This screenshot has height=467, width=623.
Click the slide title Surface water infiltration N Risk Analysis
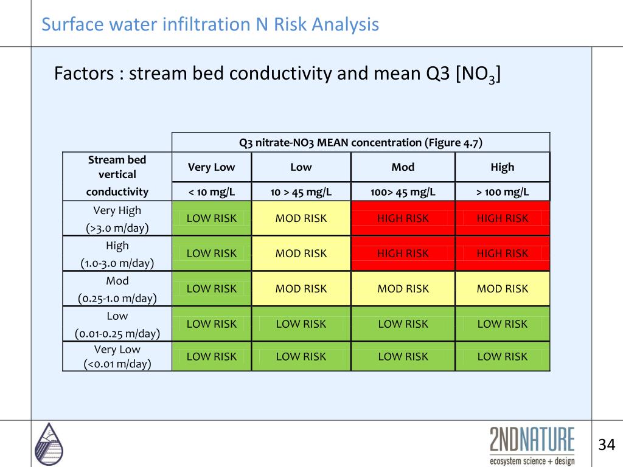coord(210,25)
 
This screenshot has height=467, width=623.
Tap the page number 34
coord(607,444)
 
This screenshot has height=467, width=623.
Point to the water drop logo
coord(49,443)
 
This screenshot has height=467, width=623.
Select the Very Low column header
coord(211,167)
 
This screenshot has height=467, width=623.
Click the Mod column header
coord(403,167)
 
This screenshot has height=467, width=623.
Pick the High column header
coord(503,167)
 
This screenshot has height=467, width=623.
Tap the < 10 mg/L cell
coord(211,192)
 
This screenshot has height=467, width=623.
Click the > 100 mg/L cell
coord(503,192)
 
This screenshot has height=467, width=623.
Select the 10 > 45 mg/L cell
coord(301,192)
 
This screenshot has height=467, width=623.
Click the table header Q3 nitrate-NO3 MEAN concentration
coord(361,143)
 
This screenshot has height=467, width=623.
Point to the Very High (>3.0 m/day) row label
coord(117,219)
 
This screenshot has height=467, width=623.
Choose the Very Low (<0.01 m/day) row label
coord(117,356)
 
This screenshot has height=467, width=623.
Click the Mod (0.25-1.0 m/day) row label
coord(117,289)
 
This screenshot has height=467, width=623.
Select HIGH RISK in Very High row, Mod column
coord(403,218)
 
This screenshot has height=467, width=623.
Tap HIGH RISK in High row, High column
coord(503,254)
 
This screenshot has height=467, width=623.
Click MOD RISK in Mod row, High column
coord(503,289)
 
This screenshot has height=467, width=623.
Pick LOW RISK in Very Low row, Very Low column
coord(211,356)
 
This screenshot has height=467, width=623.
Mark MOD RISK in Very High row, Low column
coord(301,218)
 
